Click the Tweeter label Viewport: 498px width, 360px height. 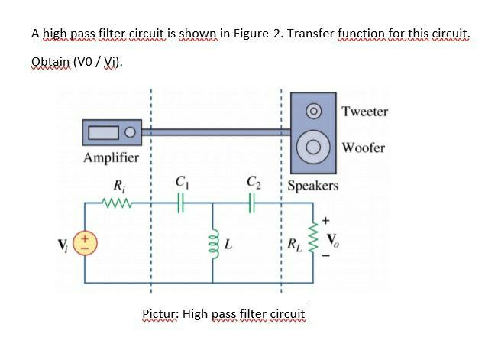pos(364,112)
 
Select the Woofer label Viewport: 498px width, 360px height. pos(364,147)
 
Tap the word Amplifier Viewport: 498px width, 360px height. pos(111,158)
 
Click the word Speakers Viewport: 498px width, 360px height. pos(313,186)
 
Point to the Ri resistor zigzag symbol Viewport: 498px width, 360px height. pos(119,203)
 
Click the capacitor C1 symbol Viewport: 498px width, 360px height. pos(182,203)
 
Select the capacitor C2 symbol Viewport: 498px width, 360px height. pos(254,203)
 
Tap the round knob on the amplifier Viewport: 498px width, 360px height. pos(131,133)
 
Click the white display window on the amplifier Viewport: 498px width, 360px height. pos(104,134)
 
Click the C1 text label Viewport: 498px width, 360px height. pos(182,182)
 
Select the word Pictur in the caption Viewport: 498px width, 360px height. pos(160,313)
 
